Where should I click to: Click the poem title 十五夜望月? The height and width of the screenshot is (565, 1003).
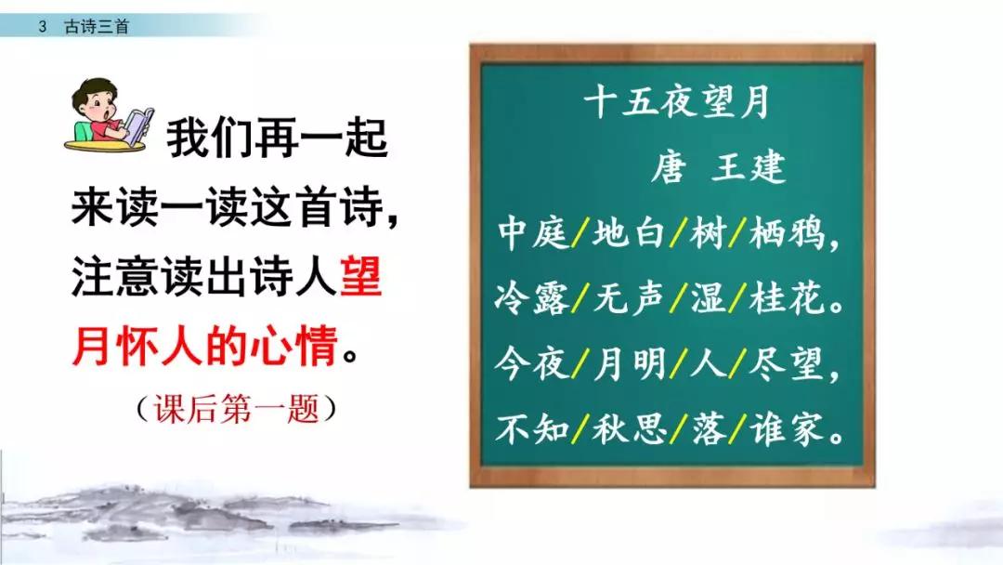(x=677, y=102)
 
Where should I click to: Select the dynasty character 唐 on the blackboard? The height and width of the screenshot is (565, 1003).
(x=669, y=168)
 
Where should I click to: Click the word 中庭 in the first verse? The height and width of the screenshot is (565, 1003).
(x=532, y=234)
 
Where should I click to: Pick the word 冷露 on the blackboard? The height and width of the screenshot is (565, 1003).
(x=532, y=300)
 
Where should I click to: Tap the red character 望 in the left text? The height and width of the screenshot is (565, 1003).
(x=360, y=279)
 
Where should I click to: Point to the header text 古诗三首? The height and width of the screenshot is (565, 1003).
(x=97, y=26)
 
